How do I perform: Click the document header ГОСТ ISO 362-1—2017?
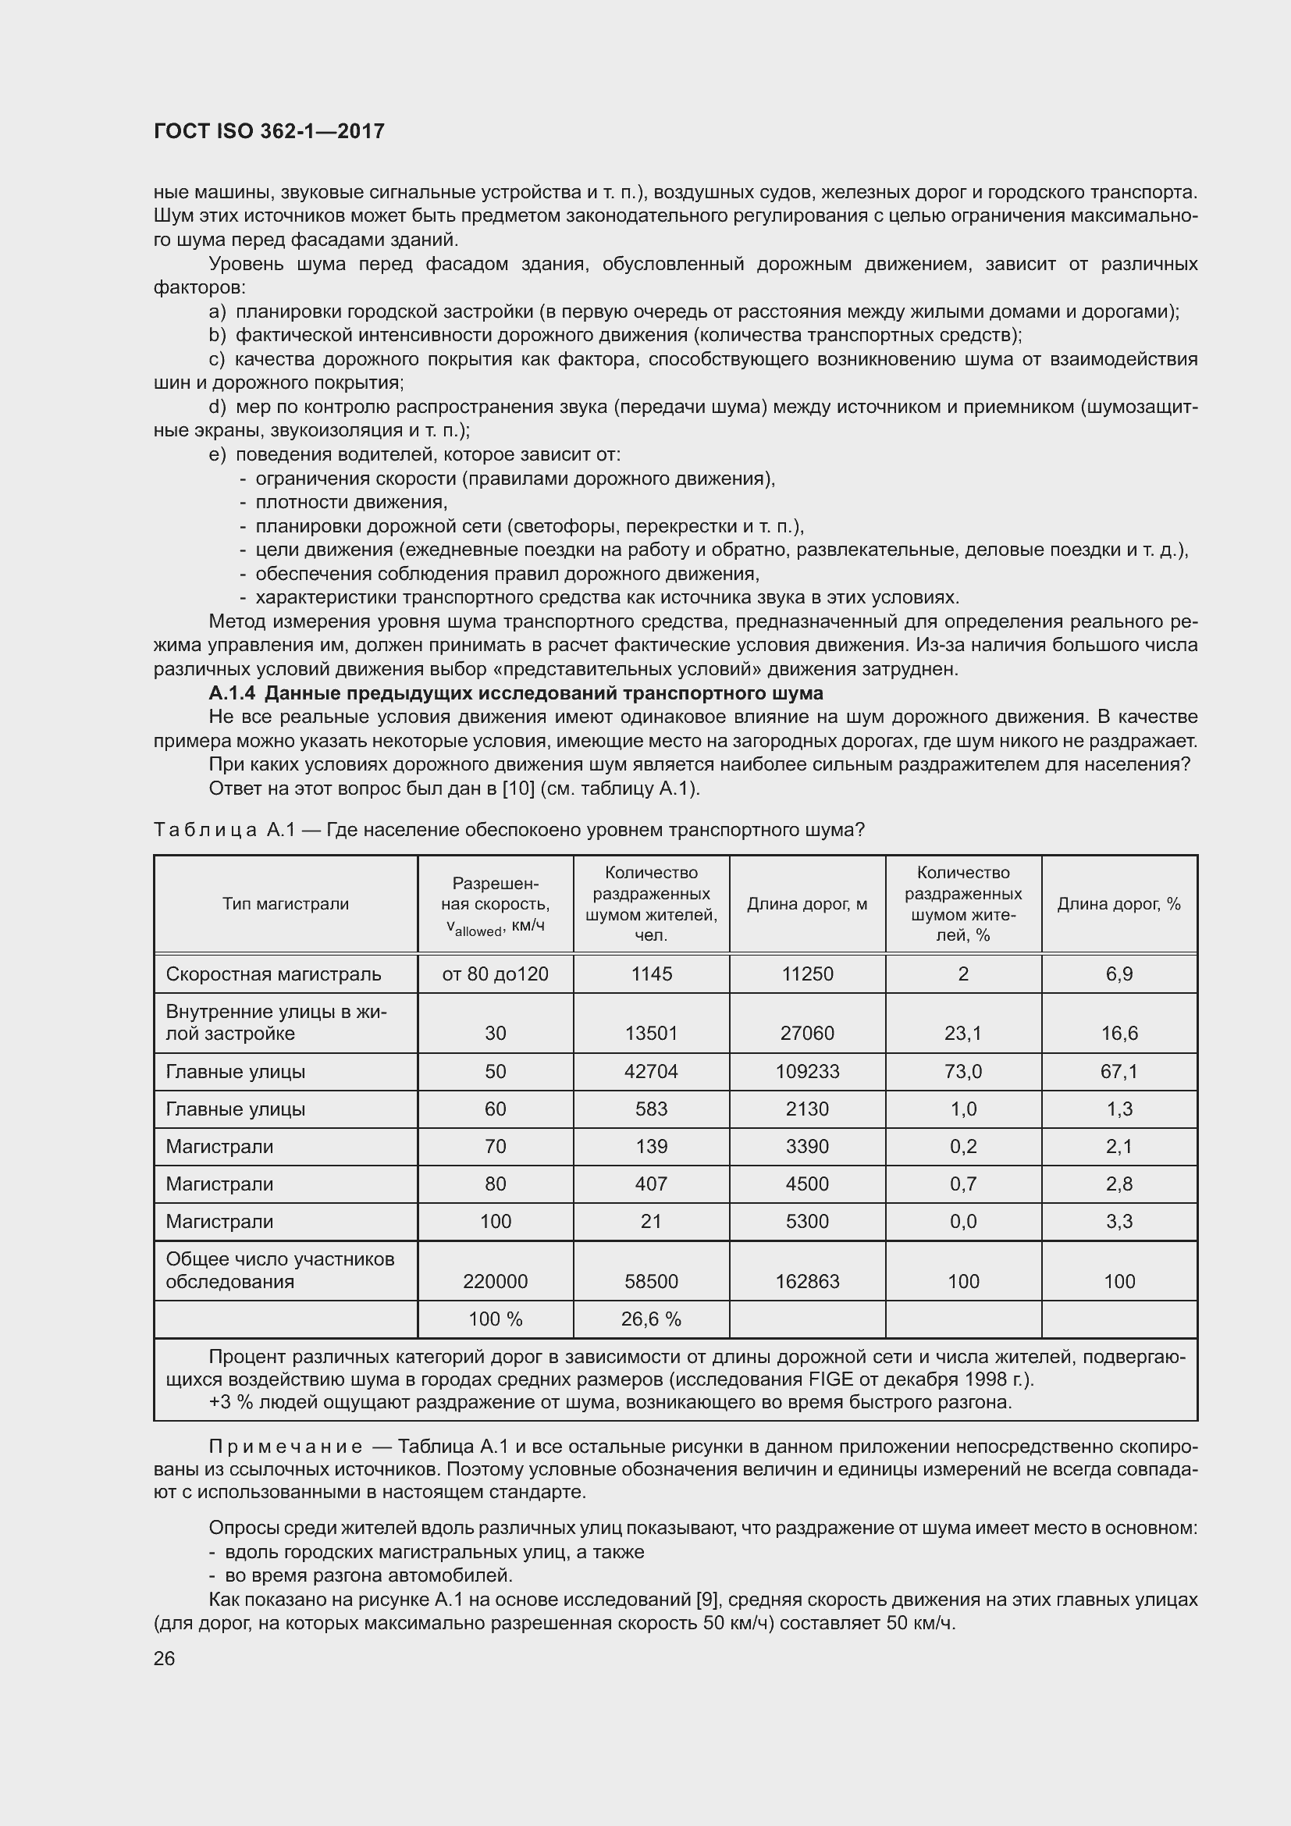click(x=269, y=131)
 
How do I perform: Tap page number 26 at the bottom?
click(x=164, y=1658)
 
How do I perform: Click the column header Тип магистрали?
click(x=286, y=903)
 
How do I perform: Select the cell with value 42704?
click(x=651, y=1071)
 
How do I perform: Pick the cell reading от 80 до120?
click(x=496, y=974)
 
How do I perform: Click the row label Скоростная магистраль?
click(x=273, y=974)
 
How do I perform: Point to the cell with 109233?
click(x=807, y=1071)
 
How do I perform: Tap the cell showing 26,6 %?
click(x=651, y=1319)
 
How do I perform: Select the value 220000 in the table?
click(x=496, y=1281)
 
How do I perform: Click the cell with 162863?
click(x=807, y=1281)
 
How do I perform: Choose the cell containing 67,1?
click(x=1119, y=1071)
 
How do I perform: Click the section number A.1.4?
click(x=232, y=692)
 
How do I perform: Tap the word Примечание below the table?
click(x=286, y=1446)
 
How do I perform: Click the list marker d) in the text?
click(x=217, y=408)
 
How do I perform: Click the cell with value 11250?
click(x=807, y=974)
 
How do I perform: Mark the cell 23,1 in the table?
click(x=962, y=1033)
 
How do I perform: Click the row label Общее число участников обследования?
click(x=280, y=1270)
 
